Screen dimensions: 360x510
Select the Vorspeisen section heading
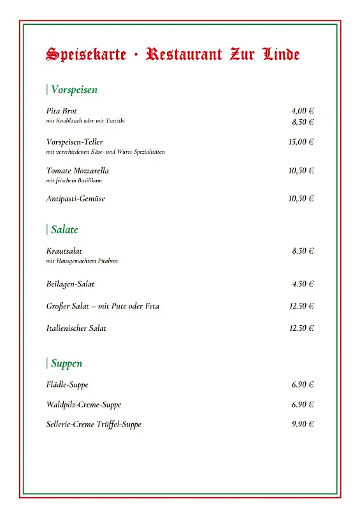pyautogui.click(x=74, y=90)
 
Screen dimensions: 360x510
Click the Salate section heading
pyautogui.click(x=64, y=229)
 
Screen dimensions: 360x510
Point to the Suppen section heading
pyautogui.click(x=66, y=363)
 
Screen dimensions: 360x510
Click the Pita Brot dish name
pyautogui.click(x=62, y=111)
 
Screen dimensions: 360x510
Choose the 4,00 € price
pyautogui.click(x=303, y=111)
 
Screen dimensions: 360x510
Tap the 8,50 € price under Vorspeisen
pyautogui.click(x=303, y=122)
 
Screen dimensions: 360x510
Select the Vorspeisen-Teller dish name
pyautogui.click(x=75, y=142)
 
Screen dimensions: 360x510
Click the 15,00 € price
pyautogui.click(x=301, y=142)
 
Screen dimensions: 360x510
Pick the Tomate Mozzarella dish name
pyautogui.click(x=78, y=171)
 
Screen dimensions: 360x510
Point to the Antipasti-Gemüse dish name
pyautogui.click(x=76, y=199)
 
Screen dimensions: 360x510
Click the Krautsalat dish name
pyautogui.click(x=64, y=251)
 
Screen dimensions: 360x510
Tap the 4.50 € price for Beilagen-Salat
pyautogui.click(x=303, y=284)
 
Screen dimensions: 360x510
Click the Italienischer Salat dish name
pyautogui.click(x=76, y=328)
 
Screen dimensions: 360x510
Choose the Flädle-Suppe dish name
pyautogui.click(x=68, y=385)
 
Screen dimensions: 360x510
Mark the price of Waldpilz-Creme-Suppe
pyautogui.click(x=303, y=405)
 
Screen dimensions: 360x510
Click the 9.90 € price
pyautogui.click(x=303, y=425)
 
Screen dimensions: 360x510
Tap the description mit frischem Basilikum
pyautogui.click(x=74, y=180)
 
